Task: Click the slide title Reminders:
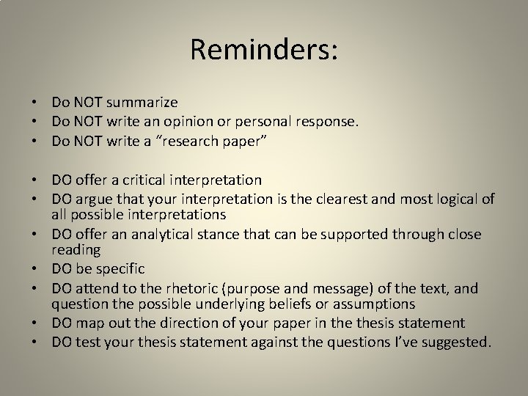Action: tap(264, 50)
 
